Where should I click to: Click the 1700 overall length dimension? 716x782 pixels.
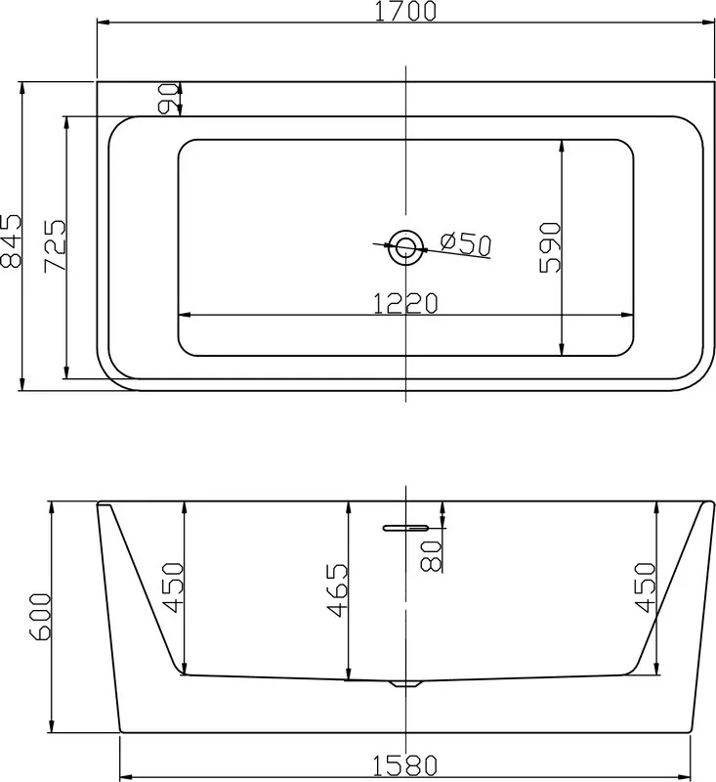point(405,11)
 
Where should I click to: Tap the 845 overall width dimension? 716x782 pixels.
point(12,240)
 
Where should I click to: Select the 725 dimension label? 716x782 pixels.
point(55,245)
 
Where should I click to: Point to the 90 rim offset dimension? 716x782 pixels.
point(167,99)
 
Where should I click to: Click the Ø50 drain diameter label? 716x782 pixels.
point(466,243)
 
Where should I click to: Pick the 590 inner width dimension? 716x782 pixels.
point(550,248)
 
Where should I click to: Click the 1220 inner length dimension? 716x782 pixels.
point(405,303)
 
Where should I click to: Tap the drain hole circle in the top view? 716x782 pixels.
point(405,247)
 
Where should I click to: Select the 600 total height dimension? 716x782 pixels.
point(40,617)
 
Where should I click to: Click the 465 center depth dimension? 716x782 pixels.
point(337,590)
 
